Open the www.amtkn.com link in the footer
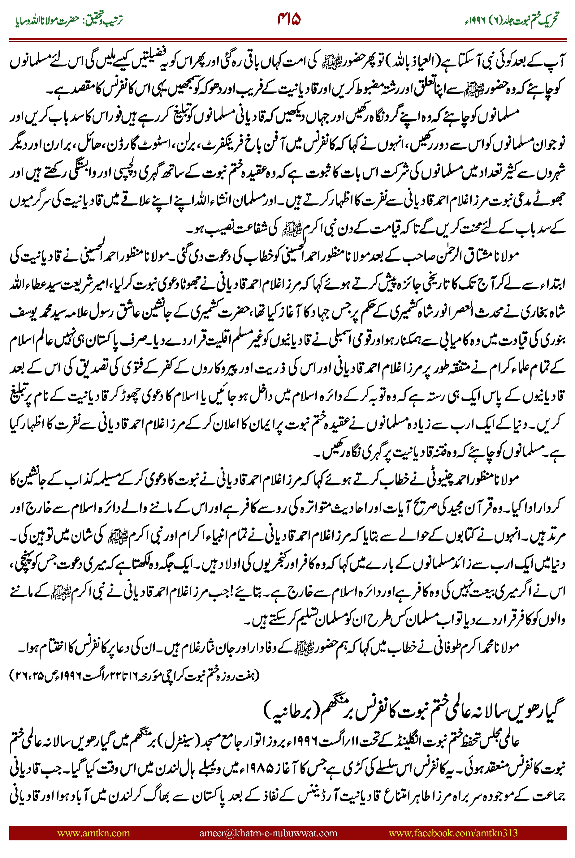93,833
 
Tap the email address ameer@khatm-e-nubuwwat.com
268,833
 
